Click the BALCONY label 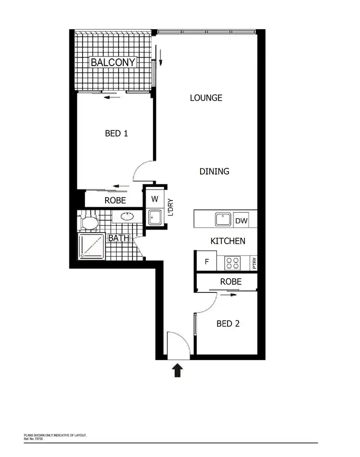113,62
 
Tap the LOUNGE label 206,98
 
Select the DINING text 214,171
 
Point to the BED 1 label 116,133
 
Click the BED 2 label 228,324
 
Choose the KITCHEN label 228,241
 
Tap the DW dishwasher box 241,221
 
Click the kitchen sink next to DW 223,220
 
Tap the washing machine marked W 155,199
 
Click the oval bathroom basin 127,216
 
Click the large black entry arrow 178,370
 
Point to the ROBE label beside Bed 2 230,282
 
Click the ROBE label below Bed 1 115,200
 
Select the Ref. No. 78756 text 34,438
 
